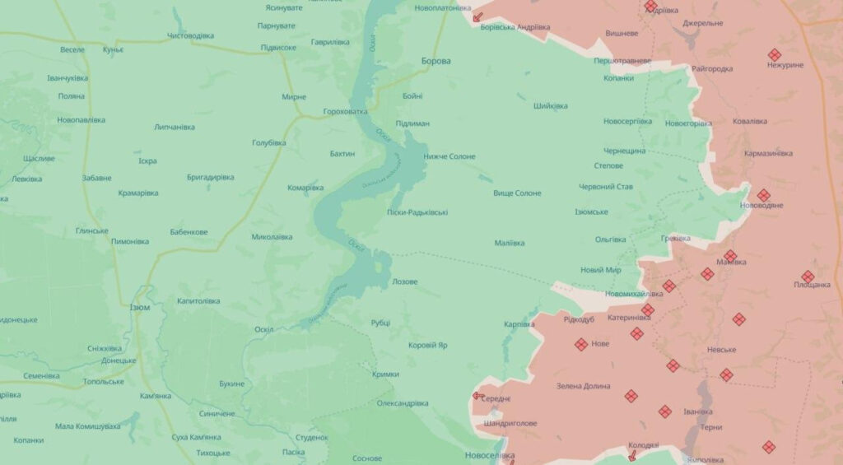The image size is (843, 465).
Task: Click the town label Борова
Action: [x=435, y=61]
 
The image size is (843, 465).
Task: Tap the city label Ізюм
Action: [x=140, y=307]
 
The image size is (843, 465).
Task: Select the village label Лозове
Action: [x=403, y=281]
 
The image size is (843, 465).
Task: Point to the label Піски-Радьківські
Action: [x=417, y=212]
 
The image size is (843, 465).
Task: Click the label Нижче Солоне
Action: [x=449, y=156]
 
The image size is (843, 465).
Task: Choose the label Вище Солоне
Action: [x=517, y=193]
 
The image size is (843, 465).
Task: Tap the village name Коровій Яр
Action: [x=428, y=345]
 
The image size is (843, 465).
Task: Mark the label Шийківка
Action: [x=550, y=105]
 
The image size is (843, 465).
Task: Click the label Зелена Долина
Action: [x=583, y=386]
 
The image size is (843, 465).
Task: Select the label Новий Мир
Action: [x=600, y=270]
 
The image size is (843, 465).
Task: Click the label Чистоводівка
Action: [x=190, y=36]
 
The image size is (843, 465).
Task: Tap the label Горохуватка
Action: [x=346, y=111]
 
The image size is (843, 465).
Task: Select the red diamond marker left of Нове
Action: [x=581, y=344]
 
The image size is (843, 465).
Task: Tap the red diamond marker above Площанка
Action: [x=808, y=277]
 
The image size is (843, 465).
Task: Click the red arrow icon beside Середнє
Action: [x=477, y=396]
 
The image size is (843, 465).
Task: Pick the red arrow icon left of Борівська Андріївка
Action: [x=477, y=16]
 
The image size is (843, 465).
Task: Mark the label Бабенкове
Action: [x=189, y=232]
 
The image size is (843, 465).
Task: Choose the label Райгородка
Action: [x=712, y=68]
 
